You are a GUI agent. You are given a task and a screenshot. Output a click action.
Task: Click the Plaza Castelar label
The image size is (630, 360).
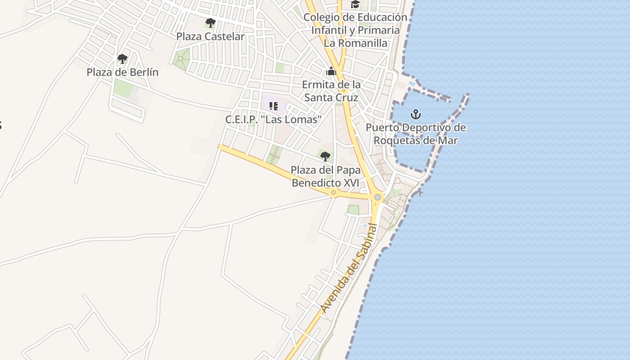210,36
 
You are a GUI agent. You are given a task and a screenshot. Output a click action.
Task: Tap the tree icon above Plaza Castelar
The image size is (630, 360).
210,22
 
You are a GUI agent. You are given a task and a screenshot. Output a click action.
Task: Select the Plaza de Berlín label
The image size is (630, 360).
122,72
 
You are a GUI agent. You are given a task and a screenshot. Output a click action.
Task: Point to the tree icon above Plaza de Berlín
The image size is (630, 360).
122,58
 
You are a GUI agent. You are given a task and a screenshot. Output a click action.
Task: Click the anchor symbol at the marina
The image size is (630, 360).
416,114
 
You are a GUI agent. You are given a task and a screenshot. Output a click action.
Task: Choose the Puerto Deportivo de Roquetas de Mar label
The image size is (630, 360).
415,134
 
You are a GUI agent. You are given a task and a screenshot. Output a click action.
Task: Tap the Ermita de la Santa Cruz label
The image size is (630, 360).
331,91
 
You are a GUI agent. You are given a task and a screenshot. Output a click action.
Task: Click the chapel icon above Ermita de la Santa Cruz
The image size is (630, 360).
331,71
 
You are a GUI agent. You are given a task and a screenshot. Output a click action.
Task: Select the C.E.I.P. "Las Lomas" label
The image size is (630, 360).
274,120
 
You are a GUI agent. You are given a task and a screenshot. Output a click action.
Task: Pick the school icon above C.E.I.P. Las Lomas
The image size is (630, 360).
273,106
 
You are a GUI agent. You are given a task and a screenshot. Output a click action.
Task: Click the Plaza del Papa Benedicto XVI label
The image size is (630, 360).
325,176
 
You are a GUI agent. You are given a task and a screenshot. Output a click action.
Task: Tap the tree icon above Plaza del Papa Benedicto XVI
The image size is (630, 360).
325,157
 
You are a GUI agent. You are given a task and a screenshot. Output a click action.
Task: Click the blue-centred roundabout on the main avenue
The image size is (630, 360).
378,197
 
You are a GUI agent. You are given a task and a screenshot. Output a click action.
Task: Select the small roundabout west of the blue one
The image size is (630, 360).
333,193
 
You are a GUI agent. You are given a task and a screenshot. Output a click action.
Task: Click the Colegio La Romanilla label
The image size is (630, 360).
355,30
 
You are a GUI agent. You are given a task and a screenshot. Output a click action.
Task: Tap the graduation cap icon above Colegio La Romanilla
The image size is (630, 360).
355,4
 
